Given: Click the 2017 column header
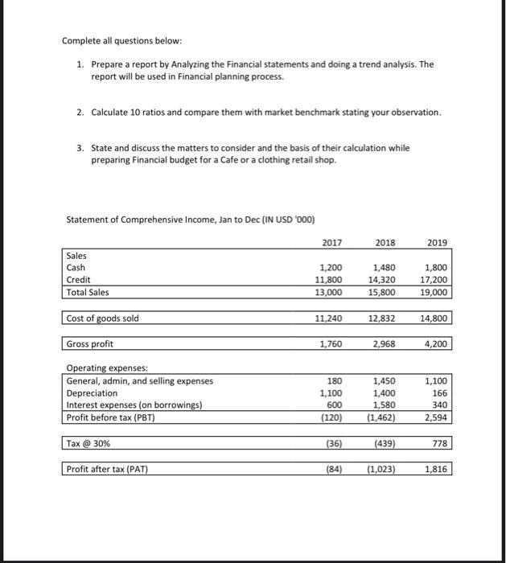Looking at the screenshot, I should coord(332,242).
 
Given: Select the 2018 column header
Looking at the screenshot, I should coord(385,242).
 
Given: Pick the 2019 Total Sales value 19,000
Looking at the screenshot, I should coord(435,293).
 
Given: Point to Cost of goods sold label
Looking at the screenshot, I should coord(103,318).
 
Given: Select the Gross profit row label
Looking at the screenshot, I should coord(90,344).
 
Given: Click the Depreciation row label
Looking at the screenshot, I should coord(92,393).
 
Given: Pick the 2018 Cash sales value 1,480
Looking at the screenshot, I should coord(385,268).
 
